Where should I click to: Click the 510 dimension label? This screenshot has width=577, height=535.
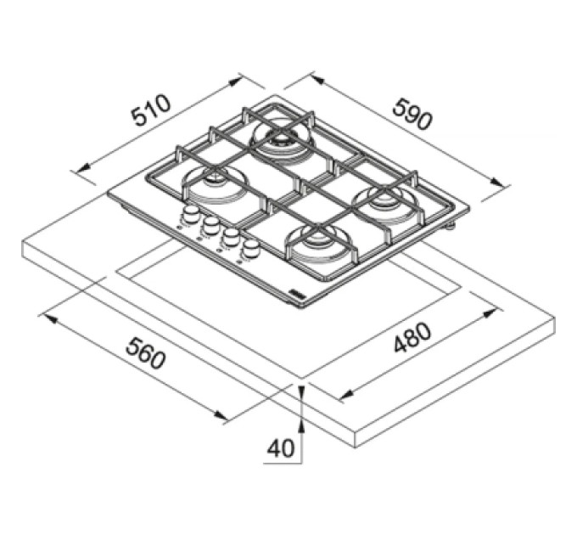[152, 110]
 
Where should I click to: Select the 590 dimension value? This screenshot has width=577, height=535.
[412, 114]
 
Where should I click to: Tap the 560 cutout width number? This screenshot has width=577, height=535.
[144, 354]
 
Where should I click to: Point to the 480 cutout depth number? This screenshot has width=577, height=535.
[412, 337]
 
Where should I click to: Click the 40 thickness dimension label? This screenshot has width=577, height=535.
[281, 448]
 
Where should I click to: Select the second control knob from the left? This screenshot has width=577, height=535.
[210, 225]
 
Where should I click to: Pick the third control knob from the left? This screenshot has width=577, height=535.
[231, 236]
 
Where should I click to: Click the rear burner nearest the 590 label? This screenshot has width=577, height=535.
[282, 142]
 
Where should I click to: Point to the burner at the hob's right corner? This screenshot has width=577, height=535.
[385, 202]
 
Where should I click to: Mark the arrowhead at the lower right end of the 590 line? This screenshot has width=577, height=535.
[496, 182]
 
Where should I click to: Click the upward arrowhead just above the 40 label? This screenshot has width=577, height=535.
[301, 427]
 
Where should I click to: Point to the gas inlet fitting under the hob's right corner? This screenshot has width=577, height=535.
[450, 227]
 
